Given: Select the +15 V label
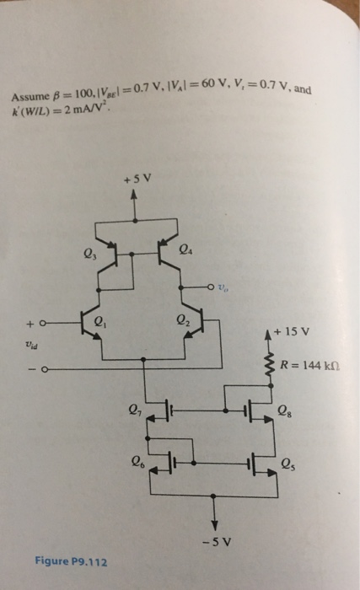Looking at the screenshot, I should tap(293, 330).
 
